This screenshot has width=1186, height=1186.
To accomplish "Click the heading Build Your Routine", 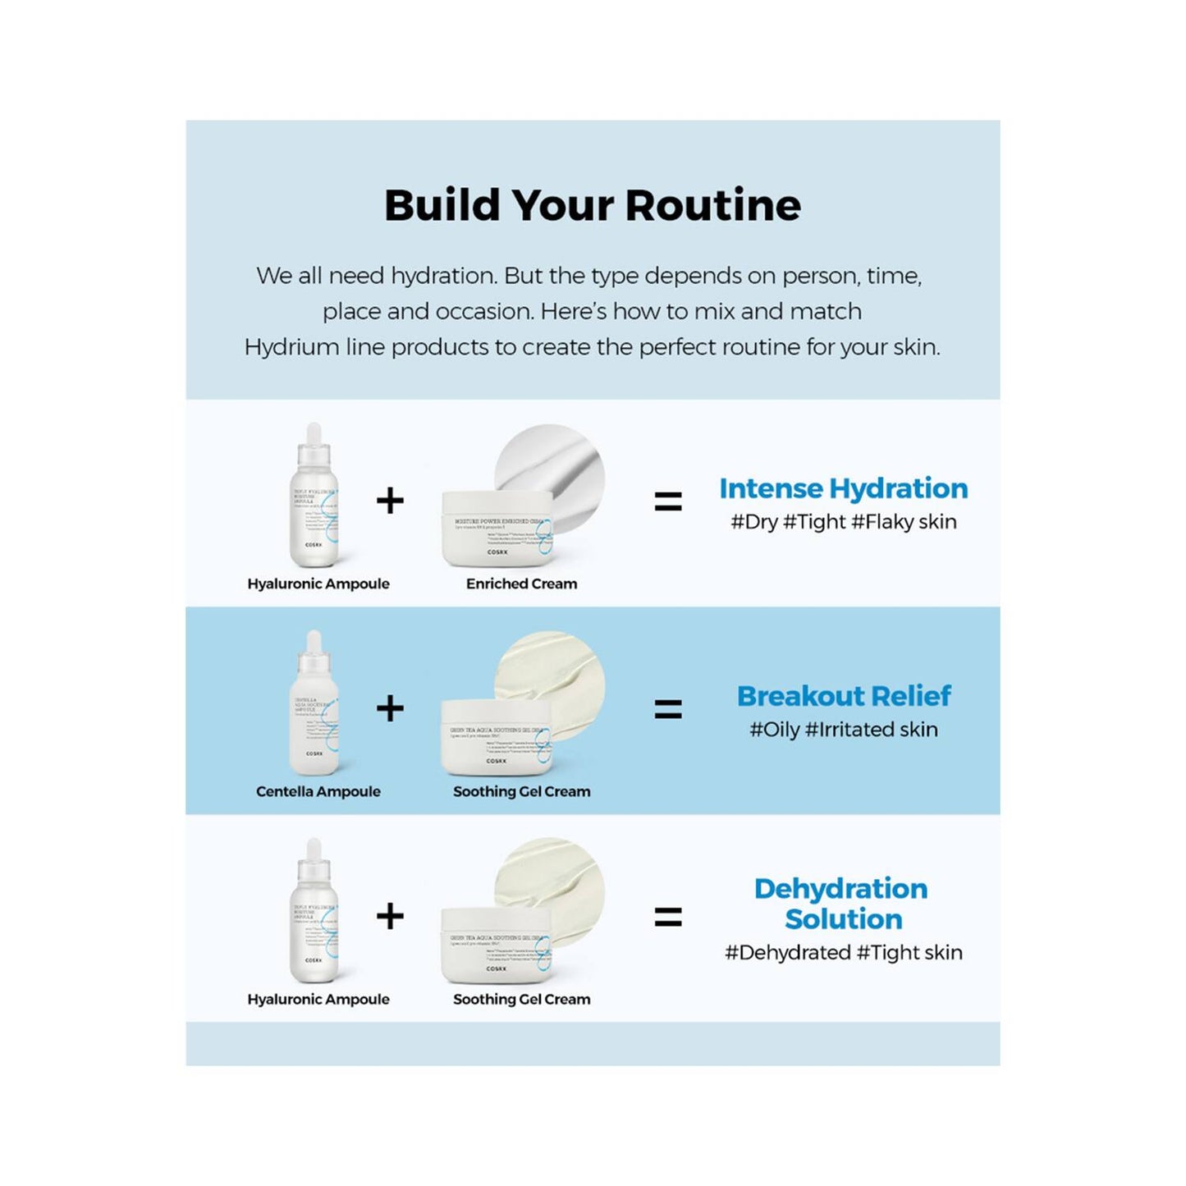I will [592, 205].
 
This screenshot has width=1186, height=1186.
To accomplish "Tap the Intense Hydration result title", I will [843, 488].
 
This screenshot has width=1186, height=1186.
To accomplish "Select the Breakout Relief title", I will [843, 696].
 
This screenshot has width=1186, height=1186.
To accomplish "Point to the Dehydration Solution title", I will [842, 904].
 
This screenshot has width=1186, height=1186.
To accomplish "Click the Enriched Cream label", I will [521, 584].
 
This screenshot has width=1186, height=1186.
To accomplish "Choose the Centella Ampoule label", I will [318, 791].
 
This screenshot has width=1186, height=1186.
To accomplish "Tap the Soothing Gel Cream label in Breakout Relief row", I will [521, 791].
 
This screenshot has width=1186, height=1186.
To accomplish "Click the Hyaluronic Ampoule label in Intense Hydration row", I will [318, 584].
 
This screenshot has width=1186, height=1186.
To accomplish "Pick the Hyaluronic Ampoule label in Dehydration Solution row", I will [318, 999].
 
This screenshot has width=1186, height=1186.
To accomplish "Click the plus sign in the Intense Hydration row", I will [390, 501].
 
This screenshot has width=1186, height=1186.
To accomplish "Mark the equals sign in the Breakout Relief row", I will [668, 709].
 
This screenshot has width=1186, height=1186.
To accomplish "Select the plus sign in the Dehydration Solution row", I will [390, 916].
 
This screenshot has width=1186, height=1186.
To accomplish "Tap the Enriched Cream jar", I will [497, 529].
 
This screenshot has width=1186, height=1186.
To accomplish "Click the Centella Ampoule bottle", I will [314, 722].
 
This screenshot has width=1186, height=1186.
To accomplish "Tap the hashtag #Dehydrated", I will [787, 953].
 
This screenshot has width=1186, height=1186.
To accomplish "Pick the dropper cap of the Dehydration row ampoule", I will [314, 854].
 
